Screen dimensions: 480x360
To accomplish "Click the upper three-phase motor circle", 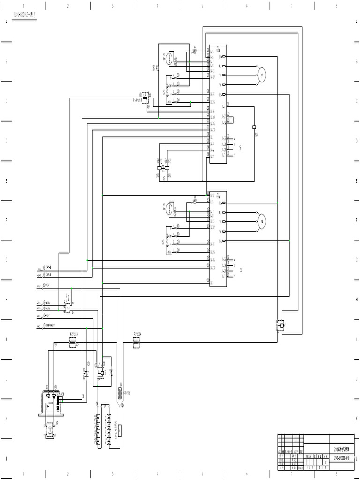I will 261,75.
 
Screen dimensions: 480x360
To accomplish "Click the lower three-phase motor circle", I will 261,221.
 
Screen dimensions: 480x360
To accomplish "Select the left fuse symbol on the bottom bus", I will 73,344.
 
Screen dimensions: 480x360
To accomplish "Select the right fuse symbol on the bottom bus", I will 136,344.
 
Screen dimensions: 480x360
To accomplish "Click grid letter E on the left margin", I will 6,181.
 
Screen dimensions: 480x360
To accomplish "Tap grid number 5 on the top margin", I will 202,6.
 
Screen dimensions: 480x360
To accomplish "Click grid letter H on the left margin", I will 6,300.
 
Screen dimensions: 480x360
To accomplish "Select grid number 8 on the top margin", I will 336,6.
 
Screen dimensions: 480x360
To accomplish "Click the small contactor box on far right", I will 280,324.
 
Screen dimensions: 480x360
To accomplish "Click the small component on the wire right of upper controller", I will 254,127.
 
